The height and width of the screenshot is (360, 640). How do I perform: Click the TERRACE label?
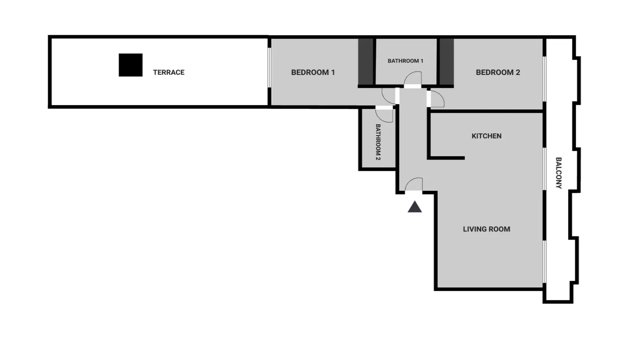(x=168, y=72)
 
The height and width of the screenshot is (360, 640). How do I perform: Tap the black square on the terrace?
(x=130, y=65)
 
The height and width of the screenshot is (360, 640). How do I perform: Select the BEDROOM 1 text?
(x=313, y=72)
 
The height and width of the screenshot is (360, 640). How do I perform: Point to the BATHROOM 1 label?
(x=406, y=61)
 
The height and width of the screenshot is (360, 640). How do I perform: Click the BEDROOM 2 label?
(x=498, y=72)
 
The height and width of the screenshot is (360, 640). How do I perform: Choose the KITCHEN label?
(x=486, y=136)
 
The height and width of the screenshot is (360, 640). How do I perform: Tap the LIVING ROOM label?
(x=486, y=229)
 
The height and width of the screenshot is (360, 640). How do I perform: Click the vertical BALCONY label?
(x=558, y=173)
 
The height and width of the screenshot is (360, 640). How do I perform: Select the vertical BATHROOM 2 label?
(x=378, y=142)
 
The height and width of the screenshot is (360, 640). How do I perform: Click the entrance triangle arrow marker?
(x=415, y=207)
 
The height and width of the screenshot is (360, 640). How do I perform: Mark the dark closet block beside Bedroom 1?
(x=366, y=62)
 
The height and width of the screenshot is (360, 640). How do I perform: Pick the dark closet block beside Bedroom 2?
(x=446, y=62)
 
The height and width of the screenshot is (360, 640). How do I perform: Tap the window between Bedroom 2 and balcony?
(x=544, y=79)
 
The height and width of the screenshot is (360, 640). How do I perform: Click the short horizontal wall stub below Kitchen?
(x=446, y=158)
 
